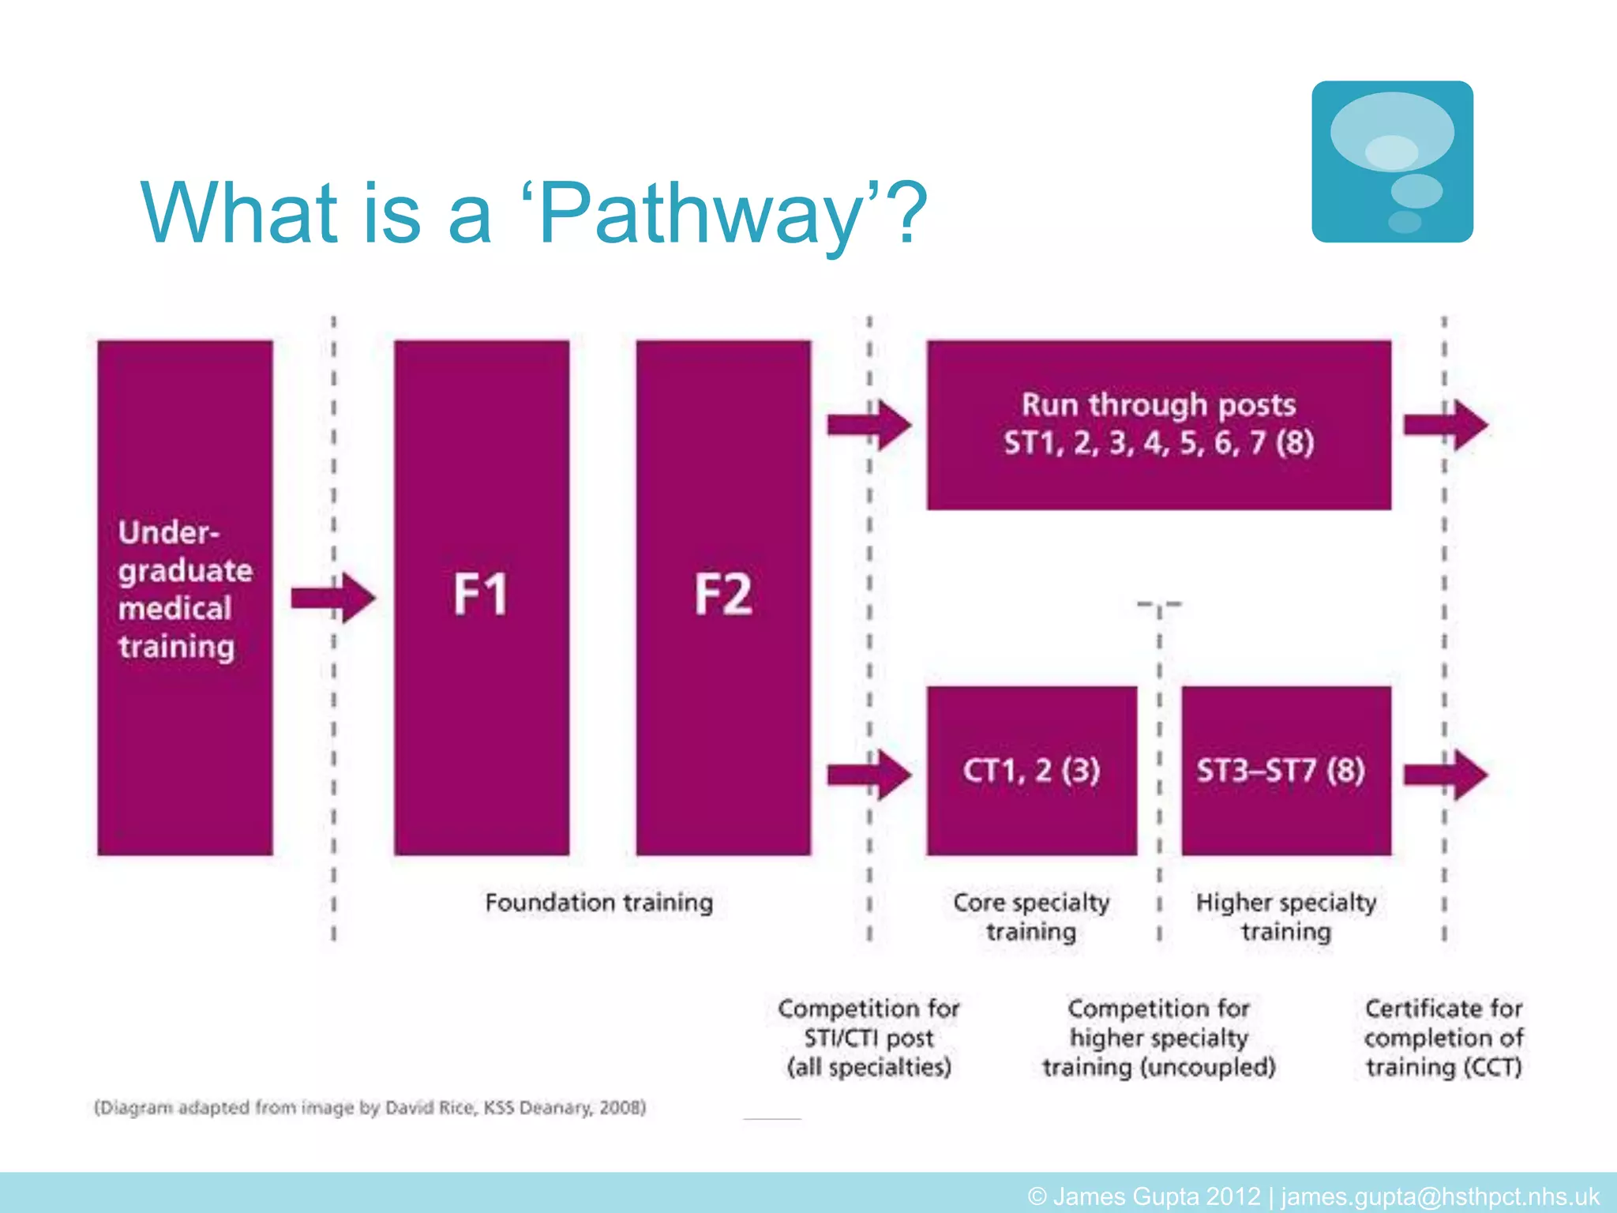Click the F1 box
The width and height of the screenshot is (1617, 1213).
482,597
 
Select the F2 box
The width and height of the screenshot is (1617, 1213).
723,597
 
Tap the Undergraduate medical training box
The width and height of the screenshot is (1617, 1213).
185,597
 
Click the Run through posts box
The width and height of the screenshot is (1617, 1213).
1158,425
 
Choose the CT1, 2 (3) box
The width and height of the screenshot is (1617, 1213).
1031,771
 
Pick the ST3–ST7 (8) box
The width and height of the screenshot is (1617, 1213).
1285,771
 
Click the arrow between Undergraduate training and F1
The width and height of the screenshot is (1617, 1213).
332,598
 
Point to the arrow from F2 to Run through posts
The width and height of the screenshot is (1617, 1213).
869,425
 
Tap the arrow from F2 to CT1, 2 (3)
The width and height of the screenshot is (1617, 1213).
869,774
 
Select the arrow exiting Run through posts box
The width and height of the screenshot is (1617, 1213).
1445,425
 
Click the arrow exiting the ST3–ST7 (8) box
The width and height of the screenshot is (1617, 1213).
1445,774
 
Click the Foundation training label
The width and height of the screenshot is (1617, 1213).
598,903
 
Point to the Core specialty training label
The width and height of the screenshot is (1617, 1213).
1031,917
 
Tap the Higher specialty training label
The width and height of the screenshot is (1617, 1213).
1285,917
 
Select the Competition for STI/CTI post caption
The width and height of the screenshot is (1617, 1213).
869,1038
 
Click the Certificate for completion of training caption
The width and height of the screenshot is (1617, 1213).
1443,1038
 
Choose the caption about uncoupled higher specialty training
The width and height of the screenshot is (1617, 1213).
1158,1038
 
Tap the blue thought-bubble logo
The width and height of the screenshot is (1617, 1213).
1392,162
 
